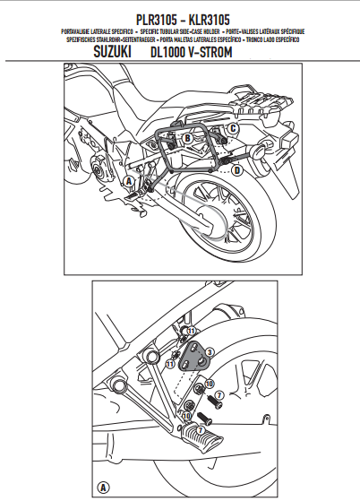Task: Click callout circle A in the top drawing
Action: coord(128,180)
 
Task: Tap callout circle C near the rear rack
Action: coord(233,129)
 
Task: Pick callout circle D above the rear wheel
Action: coord(237,168)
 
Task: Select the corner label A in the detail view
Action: coord(104,488)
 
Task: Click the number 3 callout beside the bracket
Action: coord(210,353)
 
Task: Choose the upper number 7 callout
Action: coord(219,395)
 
